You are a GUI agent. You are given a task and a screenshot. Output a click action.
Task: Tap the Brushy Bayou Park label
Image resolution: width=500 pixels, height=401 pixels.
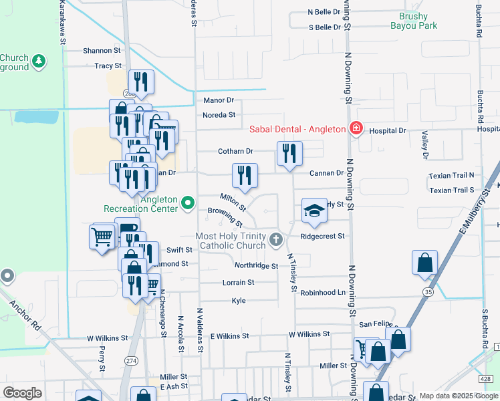tap(414, 21)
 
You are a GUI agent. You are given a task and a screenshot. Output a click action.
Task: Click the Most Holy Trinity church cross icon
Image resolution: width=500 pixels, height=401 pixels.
tap(276, 239)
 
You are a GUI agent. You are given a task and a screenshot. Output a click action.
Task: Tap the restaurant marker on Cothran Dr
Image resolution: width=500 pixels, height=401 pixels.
tap(289, 154)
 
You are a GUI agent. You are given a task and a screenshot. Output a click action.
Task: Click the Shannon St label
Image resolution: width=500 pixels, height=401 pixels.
tap(102, 50)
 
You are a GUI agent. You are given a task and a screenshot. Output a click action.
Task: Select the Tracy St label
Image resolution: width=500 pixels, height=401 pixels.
tap(108, 66)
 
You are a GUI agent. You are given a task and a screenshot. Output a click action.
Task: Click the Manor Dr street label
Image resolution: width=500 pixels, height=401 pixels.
tap(219, 100)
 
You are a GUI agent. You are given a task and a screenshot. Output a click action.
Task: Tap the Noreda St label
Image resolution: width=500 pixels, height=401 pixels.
tap(220, 115)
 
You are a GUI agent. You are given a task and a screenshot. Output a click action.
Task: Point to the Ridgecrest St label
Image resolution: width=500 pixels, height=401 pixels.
tap(322, 236)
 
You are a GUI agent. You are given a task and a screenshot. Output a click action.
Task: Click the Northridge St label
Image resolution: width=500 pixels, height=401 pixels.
tap(257, 266)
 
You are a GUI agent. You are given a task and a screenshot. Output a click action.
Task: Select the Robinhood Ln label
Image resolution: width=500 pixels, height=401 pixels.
tap(322, 293)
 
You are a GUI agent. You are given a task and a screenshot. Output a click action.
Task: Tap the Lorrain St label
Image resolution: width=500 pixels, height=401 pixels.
tap(238, 283)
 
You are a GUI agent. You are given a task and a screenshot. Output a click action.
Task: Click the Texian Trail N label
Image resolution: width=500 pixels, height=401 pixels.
tap(452, 175)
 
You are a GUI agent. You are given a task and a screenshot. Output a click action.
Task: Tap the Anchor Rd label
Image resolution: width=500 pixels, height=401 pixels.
tap(23, 315)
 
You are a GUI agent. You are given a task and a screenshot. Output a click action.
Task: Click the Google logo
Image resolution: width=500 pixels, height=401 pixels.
tap(22, 393)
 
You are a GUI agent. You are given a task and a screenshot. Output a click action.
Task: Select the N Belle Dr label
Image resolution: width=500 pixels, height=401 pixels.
tap(325, 12)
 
